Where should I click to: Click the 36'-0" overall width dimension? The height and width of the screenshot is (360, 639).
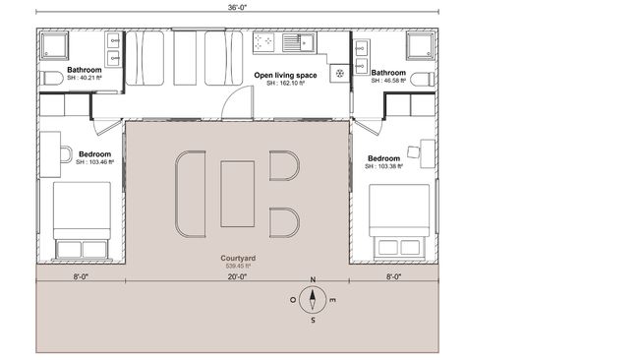coord(238,8)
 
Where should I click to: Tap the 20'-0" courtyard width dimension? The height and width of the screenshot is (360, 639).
coord(237,277)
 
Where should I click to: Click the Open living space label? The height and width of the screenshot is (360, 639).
coord(285,75)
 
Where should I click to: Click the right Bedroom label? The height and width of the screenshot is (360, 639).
coord(383,157)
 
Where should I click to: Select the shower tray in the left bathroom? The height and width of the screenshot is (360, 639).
coord(55,45)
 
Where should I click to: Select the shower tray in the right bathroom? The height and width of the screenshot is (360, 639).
coord(420,45)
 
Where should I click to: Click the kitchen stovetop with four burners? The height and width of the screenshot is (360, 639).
coord(264,42)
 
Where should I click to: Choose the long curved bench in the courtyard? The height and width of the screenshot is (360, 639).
coord(190,193)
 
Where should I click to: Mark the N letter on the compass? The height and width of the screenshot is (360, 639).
coord(313,280)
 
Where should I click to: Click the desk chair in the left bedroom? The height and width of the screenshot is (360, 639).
coord(66,153)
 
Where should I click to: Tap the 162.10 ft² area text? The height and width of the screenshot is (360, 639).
coord(285,84)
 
